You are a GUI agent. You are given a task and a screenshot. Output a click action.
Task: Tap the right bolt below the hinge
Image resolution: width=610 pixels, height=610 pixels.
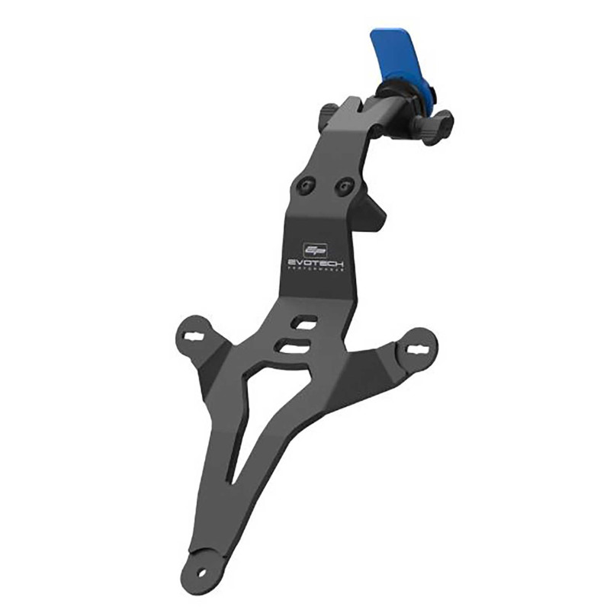click(345, 185)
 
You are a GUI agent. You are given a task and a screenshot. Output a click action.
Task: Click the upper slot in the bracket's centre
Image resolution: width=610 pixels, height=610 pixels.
click(304, 323)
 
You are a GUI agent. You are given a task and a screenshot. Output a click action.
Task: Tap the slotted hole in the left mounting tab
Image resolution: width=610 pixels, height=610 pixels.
click(197, 334)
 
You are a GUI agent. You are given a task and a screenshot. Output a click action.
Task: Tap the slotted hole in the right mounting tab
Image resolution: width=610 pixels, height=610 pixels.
click(419, 348)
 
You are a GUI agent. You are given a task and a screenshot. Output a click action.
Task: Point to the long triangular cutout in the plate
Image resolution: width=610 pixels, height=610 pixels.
click(245, 427)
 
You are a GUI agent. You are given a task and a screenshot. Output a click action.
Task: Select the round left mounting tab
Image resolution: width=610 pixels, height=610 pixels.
click(196, 335)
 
